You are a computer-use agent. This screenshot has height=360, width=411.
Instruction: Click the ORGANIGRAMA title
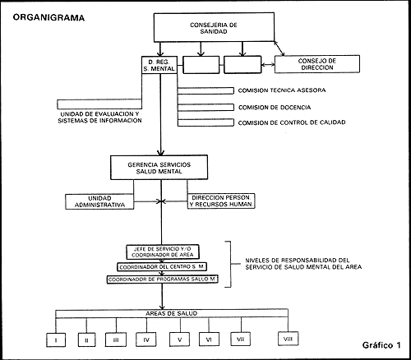[x=48, y=17]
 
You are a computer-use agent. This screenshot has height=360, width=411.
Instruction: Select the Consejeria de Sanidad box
[x=214, y=27]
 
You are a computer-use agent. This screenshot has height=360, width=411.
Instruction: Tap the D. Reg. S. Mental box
[x=159, y=65]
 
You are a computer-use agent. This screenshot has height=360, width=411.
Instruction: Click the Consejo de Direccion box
[x=317, y=64]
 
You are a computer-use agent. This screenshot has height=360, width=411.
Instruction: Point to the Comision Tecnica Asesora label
[x=282, y=90]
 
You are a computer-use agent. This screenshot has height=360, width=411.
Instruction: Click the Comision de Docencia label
[x=275, y=108]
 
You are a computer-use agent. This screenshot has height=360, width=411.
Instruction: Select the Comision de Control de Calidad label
[x=292, y=122]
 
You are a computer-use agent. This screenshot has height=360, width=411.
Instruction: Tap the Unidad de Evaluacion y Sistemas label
[x=99, y=118]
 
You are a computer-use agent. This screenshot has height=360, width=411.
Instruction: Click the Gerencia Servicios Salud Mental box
[x=159, y=168]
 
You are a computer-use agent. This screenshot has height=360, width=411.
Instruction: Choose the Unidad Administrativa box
[x=99, y=201]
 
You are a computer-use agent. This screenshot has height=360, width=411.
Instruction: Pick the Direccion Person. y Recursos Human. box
[x=221, y=201]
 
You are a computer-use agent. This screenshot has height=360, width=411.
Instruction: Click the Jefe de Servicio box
[x=163, y=252]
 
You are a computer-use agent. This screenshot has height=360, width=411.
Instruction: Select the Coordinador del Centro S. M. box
[x=162, y=267]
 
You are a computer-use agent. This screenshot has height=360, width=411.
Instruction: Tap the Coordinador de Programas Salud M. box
[x=163, y=279]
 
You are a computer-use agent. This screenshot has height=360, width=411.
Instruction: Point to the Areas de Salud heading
[x=172, y=313]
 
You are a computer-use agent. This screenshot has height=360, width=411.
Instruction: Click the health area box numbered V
[x=179, y=339]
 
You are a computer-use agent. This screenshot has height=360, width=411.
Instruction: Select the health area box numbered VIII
[x=288, y=339]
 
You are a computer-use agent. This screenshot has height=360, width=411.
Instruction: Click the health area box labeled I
[x=56, y=340]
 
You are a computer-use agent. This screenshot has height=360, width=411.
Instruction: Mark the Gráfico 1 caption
[x=381, y=345]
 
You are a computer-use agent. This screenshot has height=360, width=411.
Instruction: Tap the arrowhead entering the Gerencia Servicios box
[x=161, y=152]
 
